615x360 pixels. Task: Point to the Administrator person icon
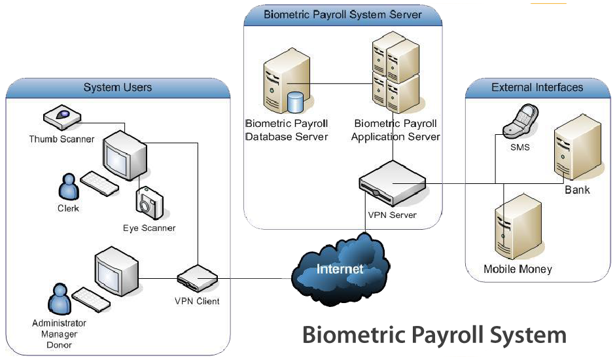click(59, 299)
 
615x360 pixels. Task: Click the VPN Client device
click(197, 279)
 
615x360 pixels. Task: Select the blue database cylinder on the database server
click(296, 102)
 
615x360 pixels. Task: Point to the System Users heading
click(118, 88)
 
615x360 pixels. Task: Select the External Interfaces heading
click(537, 87)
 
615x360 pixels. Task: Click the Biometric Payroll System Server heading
click(342, 14)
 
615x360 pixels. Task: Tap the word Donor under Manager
click(59, 344)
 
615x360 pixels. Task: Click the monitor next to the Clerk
click(124, 154)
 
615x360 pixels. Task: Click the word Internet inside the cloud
click(340, 269)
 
